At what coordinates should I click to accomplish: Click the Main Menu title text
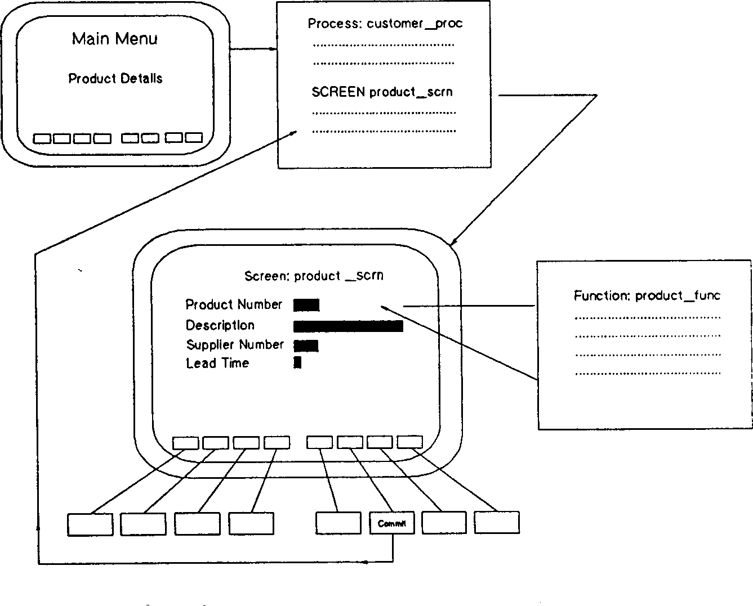click(x=115, y=39)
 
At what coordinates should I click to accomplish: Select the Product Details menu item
click(x=115, y=78)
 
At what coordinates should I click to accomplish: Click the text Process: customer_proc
click(x=385, y=24)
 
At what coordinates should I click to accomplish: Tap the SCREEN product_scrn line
click(x=382, y=92)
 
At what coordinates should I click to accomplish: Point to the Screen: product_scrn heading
click(x=314, y=276)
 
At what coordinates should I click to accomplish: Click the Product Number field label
click(x=234, y=304)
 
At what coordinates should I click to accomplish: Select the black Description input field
click(x=348, y=326)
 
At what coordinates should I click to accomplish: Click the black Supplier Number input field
click(x=306, y=345)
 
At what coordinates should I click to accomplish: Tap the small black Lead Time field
click(x=297, y=363)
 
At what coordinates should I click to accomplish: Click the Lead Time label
click(x=217, y=363)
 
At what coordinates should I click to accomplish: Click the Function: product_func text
click(x=647, y=295)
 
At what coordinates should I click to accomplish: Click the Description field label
click(x=220, y=325)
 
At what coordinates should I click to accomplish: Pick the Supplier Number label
click(x=235, y=344)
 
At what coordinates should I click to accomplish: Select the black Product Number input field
click(x=306, y=305)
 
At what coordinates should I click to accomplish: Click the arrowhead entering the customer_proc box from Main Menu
click(x=274, y=50)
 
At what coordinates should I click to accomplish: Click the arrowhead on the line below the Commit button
click(x=367, y=562)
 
